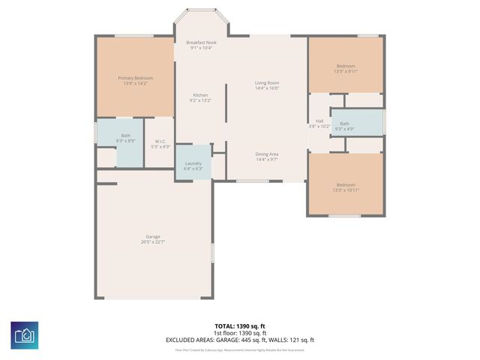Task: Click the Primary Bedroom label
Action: [x=135, y=78]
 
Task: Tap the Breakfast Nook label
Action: [x=201, y=43]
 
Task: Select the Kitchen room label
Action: [x=200, y=95]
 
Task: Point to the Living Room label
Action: [x=267, y=82]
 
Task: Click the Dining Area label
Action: [x=267, y=154]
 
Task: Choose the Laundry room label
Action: [x=193, y=163]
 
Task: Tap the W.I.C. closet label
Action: [x=160, y=141]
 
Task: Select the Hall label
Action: [x=319, y=121]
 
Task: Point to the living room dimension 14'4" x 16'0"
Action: [x=267, y=88]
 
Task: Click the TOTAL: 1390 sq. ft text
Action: [x=240, y=326]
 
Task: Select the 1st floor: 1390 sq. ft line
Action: [x=240, y=333]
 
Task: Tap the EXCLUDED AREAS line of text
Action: [x=240, y=340]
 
